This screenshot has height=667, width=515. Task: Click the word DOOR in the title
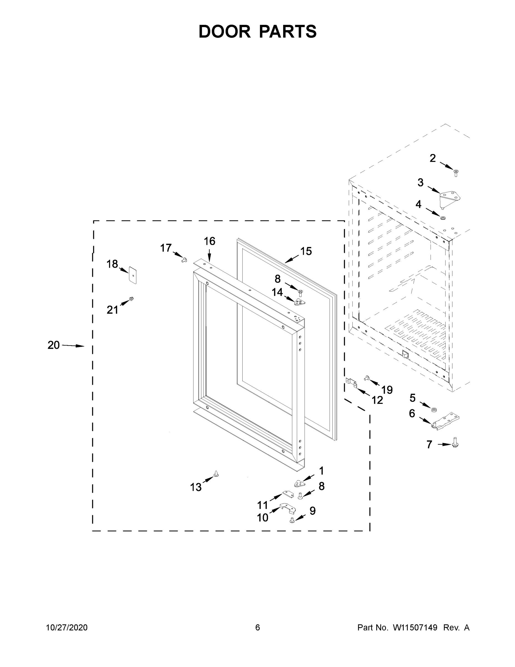(224, 31)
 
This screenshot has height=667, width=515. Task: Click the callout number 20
(53, 345)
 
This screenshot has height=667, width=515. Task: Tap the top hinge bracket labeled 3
(450, 197)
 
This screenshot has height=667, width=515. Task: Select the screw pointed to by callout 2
(456, 173)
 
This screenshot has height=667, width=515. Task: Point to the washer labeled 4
(442, 218)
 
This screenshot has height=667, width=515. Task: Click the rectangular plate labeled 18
(133, 275)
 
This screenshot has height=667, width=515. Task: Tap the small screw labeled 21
(132, 298)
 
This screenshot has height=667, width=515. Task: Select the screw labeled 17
(184, 260)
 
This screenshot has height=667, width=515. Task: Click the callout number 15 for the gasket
(306, 251)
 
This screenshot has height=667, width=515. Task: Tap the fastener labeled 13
(216, 474)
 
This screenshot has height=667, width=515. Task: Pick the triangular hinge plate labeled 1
(299, 483)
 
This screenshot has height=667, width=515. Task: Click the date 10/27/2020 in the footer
(67, 627)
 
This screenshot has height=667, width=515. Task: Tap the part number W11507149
(415, 627)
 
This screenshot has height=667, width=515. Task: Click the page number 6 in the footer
(258, 627)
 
